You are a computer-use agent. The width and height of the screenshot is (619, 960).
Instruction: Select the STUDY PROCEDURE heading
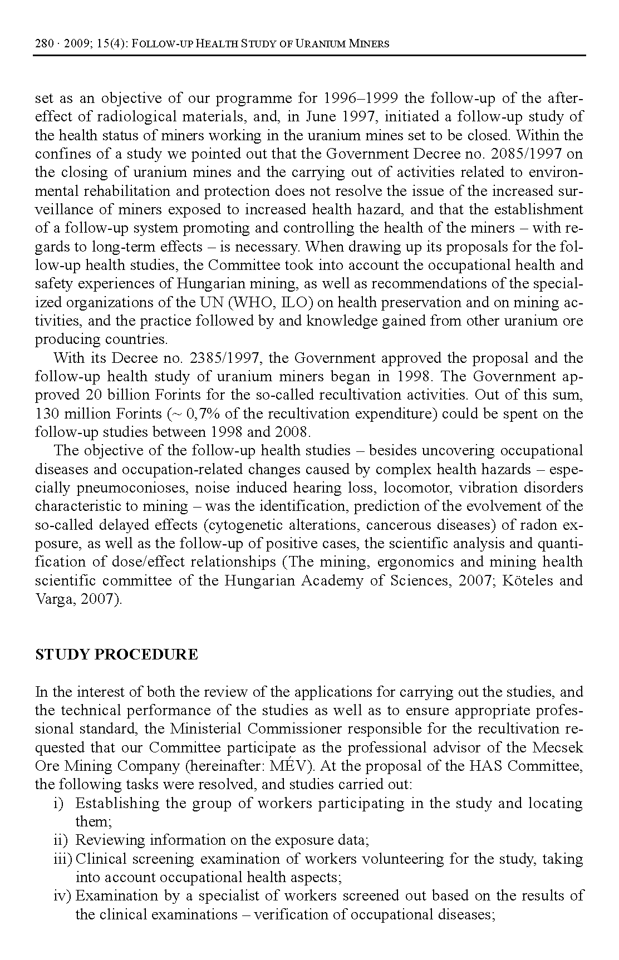[x=116, y=654]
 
